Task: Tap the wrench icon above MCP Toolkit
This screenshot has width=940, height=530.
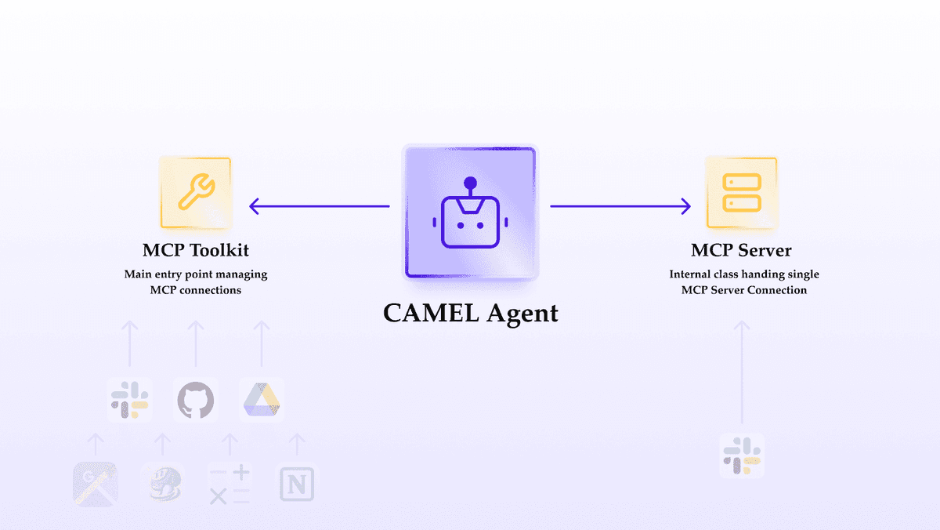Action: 195,192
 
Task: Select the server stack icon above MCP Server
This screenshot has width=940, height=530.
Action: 741,192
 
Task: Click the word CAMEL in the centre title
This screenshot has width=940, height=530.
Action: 430,313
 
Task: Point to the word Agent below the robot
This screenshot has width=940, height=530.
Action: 522,314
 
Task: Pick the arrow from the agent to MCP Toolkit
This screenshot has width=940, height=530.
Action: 319,206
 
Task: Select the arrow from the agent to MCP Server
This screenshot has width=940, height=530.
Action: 620,206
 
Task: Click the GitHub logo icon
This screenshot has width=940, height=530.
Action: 196,400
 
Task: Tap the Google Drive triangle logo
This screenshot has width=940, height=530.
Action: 262,400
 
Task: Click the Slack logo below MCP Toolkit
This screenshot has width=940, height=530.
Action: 129,400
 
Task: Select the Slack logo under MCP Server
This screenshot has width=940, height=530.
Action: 741,456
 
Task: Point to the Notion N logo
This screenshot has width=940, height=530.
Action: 297,484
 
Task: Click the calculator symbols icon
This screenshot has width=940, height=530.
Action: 230,484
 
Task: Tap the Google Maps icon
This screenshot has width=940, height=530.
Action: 95,484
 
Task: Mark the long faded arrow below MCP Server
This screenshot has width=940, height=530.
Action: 741,372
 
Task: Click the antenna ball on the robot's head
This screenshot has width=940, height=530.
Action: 470,183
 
